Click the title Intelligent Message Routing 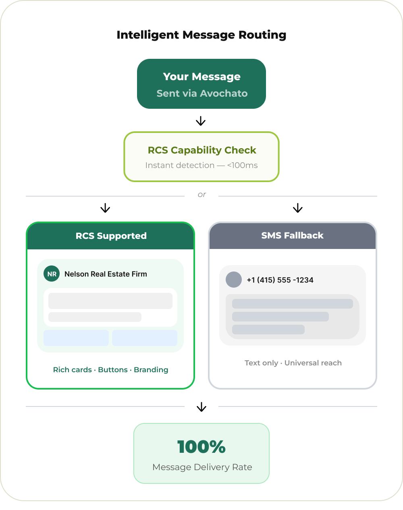pos(201,35)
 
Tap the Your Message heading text pos(201,77)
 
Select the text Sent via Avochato pos(202,93)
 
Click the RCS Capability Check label pos(202,150)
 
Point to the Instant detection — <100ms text pos(201,165)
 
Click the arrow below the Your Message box pos(201,121)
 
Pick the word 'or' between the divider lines pos(201,195)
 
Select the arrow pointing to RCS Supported pos(105,208)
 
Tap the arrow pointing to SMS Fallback pos(297,208)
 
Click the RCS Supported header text pos(111,236)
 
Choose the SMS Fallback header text pos(292,236)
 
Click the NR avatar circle pos(52,274)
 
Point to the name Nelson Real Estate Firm pos(106,274)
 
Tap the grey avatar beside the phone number pos(233,280)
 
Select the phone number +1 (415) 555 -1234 pos(280,280)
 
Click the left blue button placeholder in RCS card pos(76,338)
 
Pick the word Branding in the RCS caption pos(151,370)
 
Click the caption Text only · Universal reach pos(293,363)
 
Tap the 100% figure pos(201,447)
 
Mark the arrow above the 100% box pos(201,407)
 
